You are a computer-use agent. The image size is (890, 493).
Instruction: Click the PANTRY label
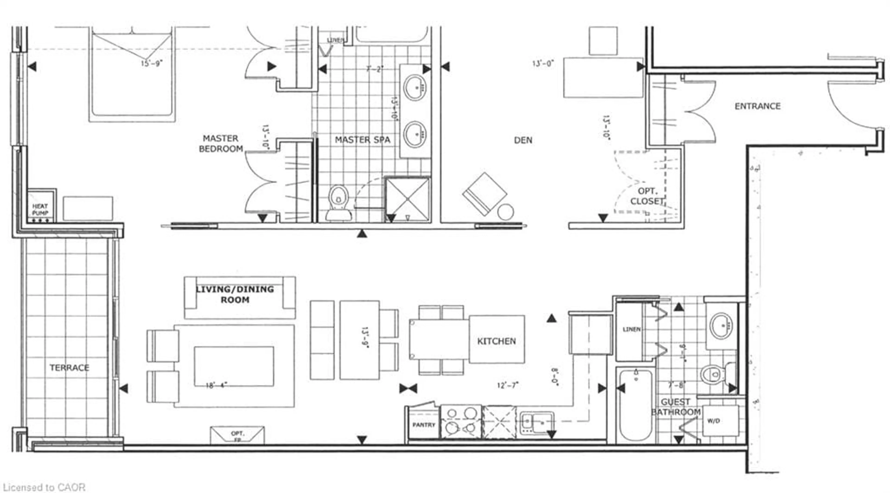(424, 425)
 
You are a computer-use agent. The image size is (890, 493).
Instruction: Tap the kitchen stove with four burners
(461, 422)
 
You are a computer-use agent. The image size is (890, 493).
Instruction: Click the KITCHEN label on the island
(496, 341)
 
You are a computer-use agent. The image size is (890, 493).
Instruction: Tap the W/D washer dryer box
(720, 421)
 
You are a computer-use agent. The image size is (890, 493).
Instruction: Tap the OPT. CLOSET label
(647, 196)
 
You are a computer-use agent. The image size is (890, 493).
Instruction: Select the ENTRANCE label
(757, 106)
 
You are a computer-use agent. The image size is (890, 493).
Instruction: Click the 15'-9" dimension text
(151, 64)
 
